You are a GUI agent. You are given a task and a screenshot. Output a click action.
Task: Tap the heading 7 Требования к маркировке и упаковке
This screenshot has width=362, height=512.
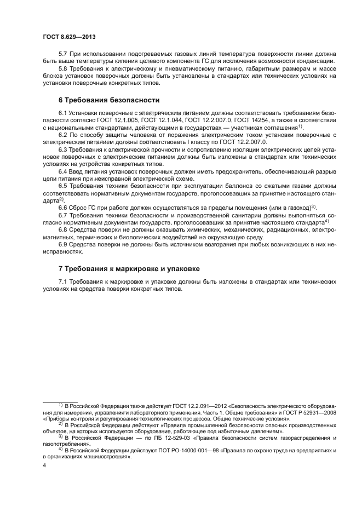point(129,269)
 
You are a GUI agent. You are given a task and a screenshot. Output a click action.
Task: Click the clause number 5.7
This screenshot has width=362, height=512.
point(64,54)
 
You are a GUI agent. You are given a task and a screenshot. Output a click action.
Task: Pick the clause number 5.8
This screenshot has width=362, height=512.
point(64,69)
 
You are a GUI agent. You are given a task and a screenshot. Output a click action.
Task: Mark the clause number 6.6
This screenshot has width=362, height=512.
point(64,208)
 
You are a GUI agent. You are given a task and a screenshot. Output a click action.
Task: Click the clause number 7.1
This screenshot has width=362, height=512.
point(64,281)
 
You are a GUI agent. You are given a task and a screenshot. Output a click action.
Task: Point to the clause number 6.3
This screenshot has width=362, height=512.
point(64,149)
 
